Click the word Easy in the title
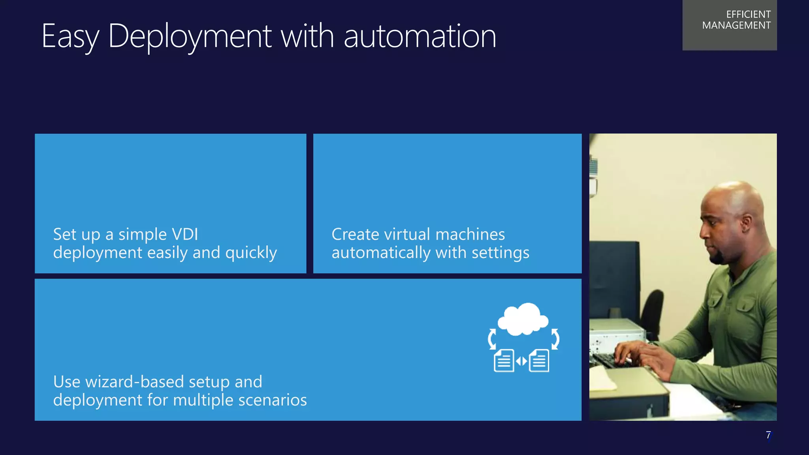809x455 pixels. coord(70,36)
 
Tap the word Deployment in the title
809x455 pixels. coord(190,36)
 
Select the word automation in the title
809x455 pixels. coord(420,36)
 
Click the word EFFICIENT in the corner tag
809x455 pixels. coord(748,15)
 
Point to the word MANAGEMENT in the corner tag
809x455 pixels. coord(736,25)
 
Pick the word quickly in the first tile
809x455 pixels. coord(251,253)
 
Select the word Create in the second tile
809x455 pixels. coord(355,234)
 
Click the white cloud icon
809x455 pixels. coord(523,319)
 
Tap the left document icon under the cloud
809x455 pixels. coord(504,360)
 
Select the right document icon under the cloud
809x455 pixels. coord(539,360)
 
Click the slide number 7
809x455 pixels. coord(768,435)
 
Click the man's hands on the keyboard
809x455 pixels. coord(636,353)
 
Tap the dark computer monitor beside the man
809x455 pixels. coord(614,276)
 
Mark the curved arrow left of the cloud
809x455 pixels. coord(492,339)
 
